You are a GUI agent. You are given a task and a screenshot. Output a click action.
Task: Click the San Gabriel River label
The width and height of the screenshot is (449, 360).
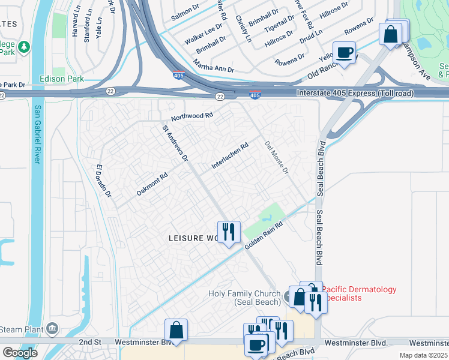click(37, 134)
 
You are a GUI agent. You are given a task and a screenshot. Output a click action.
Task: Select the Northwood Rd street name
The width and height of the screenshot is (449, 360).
click(191, 116)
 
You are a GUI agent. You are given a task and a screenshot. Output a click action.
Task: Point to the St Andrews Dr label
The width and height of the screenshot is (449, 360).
click(175, 143)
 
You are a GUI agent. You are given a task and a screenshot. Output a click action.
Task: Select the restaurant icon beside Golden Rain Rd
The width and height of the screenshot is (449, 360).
click(229, 232)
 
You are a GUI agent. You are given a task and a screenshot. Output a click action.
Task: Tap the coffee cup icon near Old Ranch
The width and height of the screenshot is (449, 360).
click(344, 52)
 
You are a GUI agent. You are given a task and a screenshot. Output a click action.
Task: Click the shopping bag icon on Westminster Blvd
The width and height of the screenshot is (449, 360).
click(176, 330)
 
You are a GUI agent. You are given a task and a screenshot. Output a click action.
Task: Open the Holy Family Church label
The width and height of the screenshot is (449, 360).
click(244, 298)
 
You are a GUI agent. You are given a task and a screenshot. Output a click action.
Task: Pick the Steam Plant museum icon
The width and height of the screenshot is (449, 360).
click(52, 329)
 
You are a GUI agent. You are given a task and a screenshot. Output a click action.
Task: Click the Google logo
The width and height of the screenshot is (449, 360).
click(20, 353)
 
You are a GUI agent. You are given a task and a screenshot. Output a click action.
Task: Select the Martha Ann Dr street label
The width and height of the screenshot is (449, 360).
click(213, 66)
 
